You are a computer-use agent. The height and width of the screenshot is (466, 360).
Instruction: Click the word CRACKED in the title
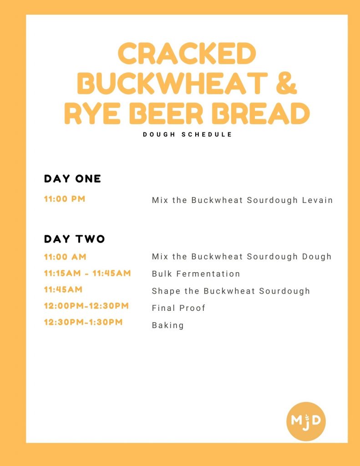[187, 53]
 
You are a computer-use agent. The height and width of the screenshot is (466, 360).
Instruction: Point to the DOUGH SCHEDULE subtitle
[188, 134]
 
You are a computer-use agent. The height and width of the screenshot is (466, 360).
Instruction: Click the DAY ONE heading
[72, 178]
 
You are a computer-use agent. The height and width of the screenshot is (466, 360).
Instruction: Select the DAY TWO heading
[74, 239]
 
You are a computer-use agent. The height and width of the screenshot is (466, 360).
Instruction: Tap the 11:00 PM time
[65, 199]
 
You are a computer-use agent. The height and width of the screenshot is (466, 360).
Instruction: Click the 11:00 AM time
[65, 257]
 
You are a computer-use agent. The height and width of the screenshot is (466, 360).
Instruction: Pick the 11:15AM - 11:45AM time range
[87, 273]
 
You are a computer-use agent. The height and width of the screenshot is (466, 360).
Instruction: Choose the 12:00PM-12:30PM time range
[86, 306]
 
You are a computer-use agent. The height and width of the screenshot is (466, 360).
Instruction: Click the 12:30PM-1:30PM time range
[83, 322]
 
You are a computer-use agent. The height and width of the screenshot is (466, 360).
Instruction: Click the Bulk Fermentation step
[196, 274]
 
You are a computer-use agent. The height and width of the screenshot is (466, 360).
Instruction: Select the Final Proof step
[178, 308]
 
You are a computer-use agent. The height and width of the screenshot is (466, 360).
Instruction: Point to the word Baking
[167, 325]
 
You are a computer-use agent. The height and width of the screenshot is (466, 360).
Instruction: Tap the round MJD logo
[306, 421]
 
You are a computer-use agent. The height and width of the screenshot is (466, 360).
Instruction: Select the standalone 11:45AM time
[63, 289]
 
